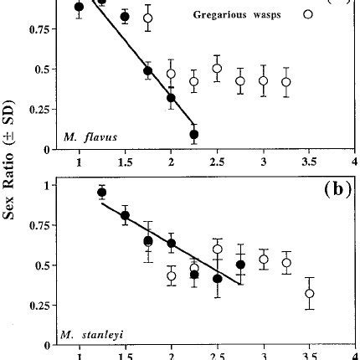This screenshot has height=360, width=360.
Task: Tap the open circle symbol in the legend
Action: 309,13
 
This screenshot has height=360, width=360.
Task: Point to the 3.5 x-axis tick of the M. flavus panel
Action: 308,162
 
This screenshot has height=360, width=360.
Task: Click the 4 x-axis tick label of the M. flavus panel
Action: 354,162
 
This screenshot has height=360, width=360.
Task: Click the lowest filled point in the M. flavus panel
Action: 194,134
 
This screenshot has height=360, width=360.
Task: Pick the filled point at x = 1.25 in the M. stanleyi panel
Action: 102,193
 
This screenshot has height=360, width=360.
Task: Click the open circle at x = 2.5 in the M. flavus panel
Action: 217,69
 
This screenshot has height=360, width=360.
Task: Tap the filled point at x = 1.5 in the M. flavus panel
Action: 125,17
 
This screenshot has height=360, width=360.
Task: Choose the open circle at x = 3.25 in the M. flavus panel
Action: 286,82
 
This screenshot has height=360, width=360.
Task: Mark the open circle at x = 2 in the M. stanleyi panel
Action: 172,275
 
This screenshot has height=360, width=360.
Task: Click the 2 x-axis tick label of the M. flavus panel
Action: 171,162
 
